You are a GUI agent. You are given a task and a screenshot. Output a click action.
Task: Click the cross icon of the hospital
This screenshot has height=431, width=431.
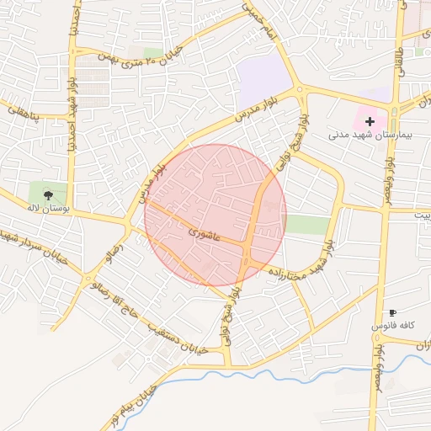[370, 121]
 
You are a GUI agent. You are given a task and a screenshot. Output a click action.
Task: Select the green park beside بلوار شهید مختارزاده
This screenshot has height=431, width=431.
[307, 225]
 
